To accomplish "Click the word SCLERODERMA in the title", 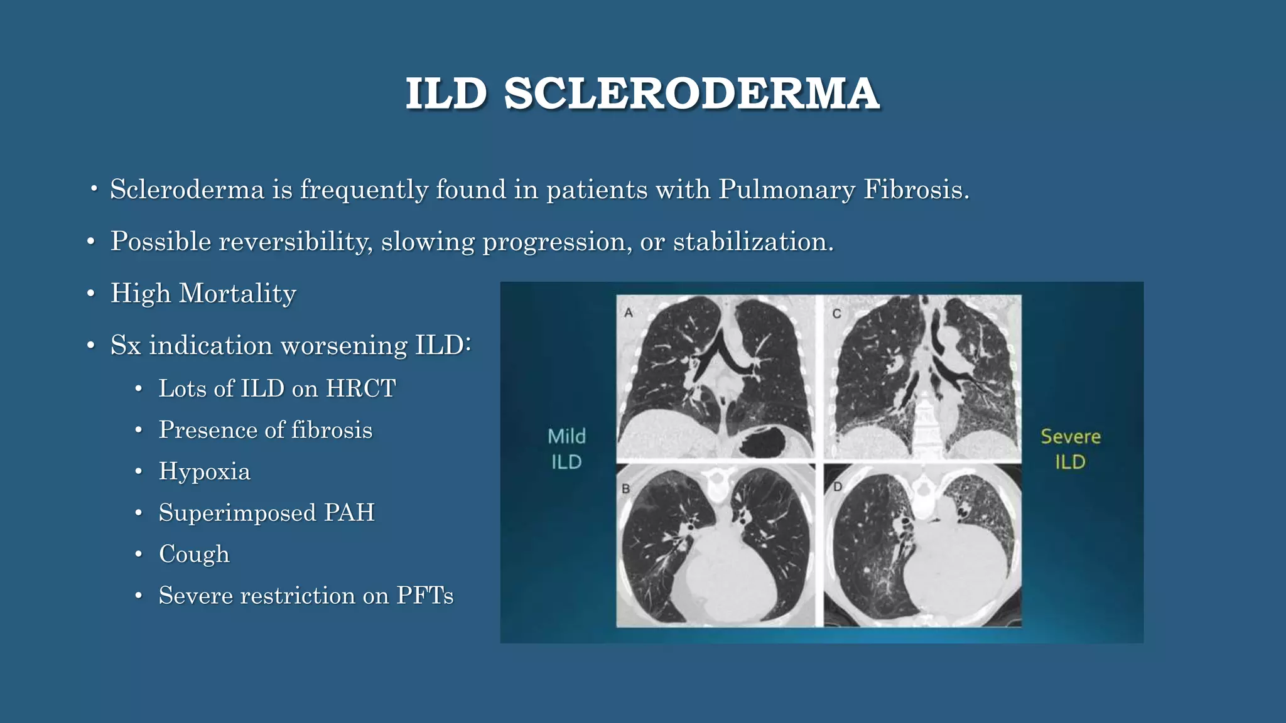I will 691,94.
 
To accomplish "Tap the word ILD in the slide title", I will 446,94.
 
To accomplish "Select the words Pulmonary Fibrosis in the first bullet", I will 844,190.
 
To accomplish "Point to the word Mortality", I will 237,294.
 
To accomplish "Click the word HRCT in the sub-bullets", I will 360,388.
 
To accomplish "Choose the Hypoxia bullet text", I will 204,471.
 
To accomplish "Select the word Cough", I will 194,554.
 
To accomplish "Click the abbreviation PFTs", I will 424,596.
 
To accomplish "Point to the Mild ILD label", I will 566,449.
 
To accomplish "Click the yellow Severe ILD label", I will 1070,449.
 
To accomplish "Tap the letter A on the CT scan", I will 629,312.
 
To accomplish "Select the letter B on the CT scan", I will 625,488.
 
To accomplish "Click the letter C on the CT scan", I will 836,313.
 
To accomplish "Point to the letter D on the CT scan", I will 838,486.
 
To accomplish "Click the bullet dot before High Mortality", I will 91,294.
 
